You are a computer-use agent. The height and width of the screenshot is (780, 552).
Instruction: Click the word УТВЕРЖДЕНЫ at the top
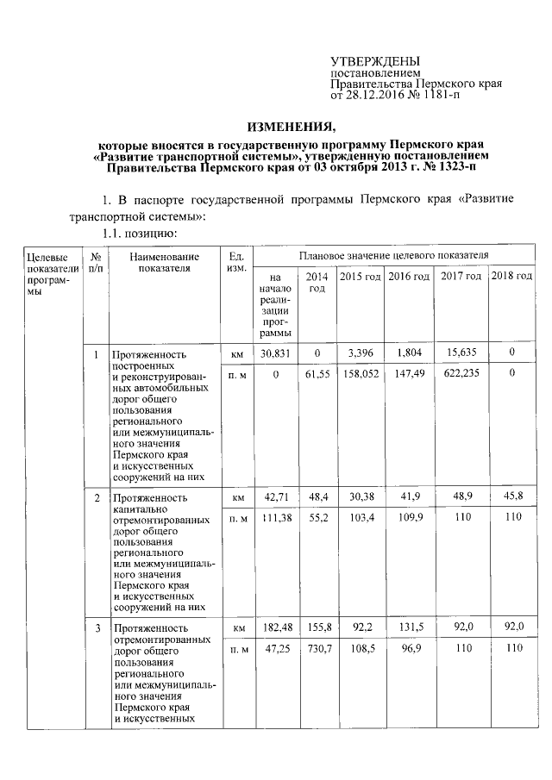376,61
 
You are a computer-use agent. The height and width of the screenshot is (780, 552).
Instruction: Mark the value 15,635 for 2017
461,353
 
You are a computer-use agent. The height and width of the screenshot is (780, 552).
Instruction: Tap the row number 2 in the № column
97,498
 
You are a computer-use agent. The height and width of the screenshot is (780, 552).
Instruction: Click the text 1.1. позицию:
140,234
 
